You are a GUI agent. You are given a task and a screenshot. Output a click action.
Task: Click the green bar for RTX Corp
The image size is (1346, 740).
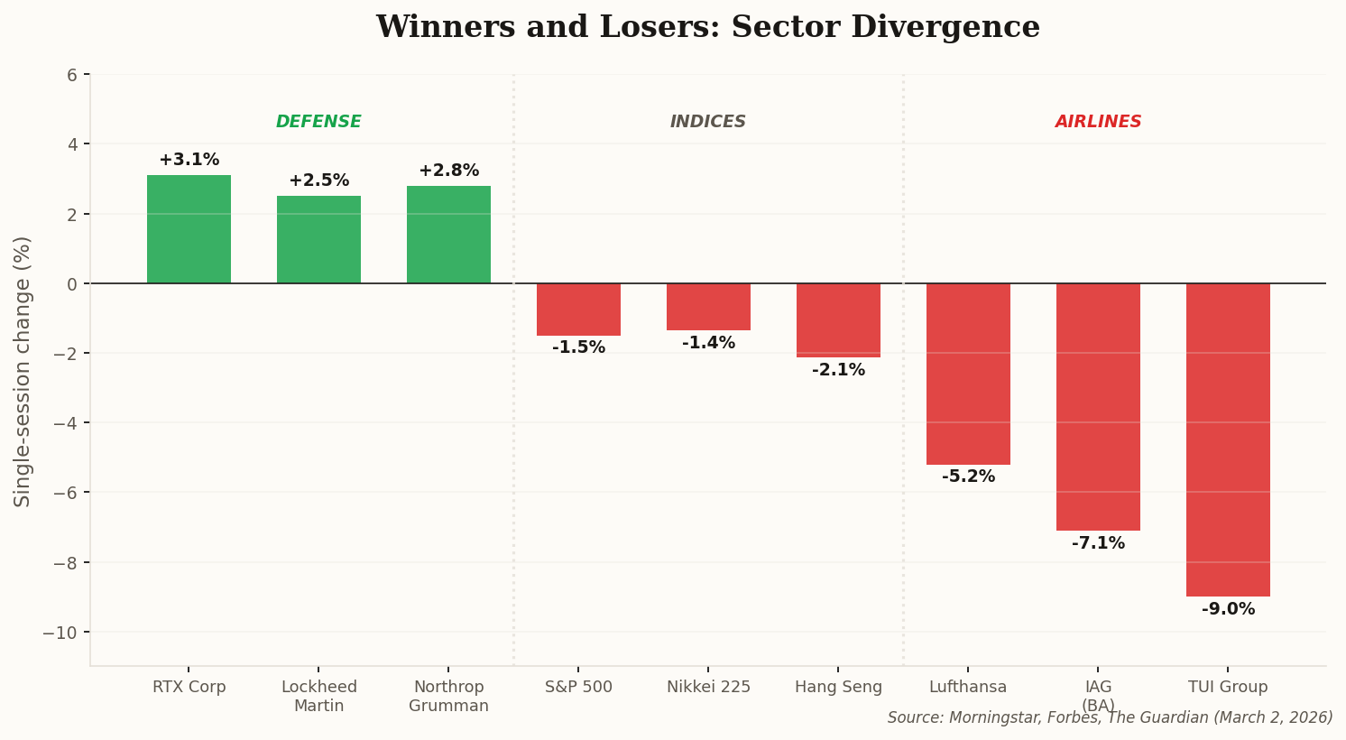189,229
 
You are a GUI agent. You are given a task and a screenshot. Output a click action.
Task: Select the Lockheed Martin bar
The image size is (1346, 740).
318,240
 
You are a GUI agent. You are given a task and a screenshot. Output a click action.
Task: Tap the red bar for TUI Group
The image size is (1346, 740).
1228,439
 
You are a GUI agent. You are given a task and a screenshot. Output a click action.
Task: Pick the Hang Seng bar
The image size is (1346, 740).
838,320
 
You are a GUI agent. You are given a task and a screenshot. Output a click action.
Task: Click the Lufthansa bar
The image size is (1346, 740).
968,374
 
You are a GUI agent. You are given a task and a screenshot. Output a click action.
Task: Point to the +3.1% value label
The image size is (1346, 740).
189,160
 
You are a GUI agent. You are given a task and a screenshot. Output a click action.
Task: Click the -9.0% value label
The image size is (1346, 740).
1228,609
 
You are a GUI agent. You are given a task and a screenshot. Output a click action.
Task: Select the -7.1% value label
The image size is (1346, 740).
1098,543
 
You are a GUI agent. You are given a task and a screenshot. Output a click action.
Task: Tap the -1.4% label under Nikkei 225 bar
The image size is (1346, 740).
708,343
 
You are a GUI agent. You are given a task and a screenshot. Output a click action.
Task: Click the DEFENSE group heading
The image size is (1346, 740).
318,122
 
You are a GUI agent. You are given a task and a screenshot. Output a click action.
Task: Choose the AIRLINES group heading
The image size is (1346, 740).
1098,122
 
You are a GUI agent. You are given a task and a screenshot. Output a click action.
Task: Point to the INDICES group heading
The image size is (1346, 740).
708,122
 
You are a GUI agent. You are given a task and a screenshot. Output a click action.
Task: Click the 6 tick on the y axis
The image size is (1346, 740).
71,75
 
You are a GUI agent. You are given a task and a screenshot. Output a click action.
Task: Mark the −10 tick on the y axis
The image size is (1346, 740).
60,633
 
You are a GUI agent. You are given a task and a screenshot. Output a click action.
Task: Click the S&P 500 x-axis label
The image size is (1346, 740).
578,688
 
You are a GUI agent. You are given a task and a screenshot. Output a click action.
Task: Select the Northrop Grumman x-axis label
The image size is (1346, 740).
448,697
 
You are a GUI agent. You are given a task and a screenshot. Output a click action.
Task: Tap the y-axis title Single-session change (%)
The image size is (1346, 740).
23,371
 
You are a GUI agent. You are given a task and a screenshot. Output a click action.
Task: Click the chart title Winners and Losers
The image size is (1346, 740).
708,27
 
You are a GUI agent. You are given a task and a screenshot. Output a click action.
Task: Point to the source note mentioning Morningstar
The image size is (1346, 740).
1110,718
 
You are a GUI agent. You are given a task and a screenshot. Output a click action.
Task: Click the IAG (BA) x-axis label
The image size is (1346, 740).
1098,696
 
